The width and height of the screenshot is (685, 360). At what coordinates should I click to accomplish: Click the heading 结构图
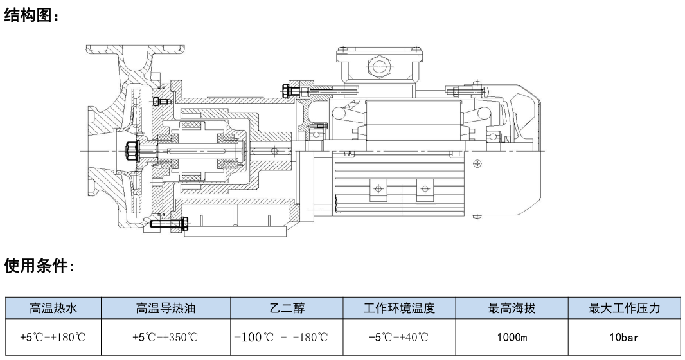31,16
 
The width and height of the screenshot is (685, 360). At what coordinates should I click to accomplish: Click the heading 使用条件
39,265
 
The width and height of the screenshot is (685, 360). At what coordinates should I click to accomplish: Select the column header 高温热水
53,309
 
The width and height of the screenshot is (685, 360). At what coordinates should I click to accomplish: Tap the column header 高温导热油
166,309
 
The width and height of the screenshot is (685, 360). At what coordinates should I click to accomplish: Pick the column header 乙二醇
287,309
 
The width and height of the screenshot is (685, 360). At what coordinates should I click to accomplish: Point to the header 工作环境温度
399,309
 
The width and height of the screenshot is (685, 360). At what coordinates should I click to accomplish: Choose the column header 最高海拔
512,309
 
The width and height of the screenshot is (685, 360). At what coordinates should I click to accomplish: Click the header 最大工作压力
625,309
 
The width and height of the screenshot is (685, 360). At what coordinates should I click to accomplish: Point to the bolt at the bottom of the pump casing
168,224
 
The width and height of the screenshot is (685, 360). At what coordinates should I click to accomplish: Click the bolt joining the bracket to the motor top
296,91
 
